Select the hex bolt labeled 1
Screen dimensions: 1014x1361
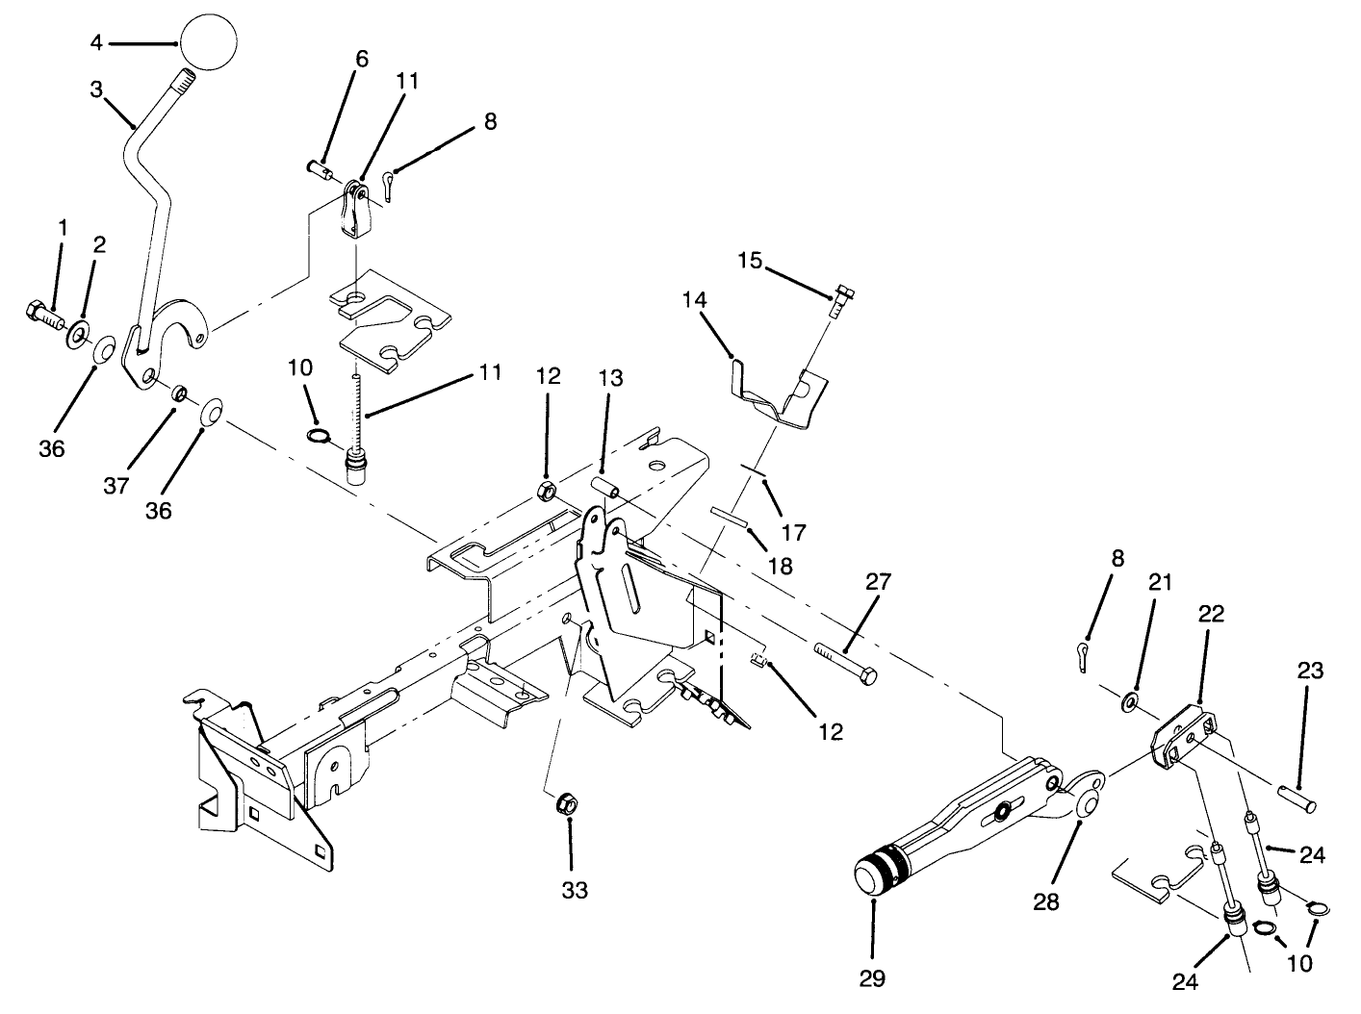42,314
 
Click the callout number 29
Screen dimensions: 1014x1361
874,978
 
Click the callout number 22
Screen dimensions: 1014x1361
1210,614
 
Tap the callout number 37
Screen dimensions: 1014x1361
116,487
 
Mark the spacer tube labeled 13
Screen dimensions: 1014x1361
603,487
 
